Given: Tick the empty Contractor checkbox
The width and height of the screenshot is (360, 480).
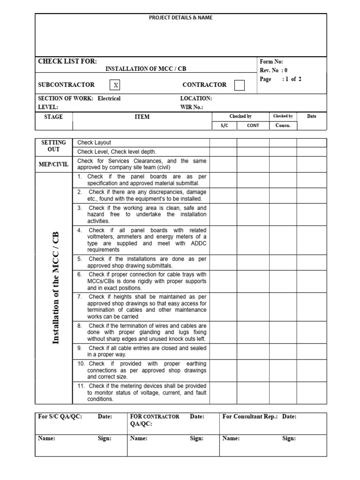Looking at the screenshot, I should pyautogui.click(x=239, y=85).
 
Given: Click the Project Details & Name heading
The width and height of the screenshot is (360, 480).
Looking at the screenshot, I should pyautogui.click(x=180, y=18).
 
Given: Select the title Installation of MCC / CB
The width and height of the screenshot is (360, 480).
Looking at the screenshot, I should pyautogui.click(x=146, y=69).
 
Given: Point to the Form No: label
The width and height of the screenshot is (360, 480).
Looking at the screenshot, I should pyautogui.click(x=271, y=61).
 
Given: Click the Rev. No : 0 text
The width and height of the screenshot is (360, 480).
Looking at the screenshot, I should pyautogui.click(x=274, y=70).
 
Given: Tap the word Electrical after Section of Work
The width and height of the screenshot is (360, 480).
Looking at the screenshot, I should pyautogui.click(x=109, y=98).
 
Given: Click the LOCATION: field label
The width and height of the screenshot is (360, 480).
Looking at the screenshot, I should pyautogui.click(x=196, y=98).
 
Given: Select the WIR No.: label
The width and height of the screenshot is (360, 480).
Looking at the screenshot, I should pyautogui.click(x=192, y=107).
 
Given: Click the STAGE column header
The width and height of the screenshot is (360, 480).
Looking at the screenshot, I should pyautogui.click(x=53, y=117).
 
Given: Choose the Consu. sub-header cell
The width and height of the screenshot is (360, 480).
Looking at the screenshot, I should pyautogui.click(x=283, y=126).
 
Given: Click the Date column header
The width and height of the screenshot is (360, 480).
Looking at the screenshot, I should pyautogui.click(x=312, y=116).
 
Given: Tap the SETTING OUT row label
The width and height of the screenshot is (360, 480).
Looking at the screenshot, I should pyautogui.click(x=53, y=146).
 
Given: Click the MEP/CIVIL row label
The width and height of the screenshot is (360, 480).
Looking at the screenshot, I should pyautogui.click(x=53, y=164).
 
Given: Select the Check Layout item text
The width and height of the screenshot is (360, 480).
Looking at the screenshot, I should pyautogui.click(x=94, y=142).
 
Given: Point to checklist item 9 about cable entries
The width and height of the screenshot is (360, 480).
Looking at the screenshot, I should pyautogui.click(x=142, y=351).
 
